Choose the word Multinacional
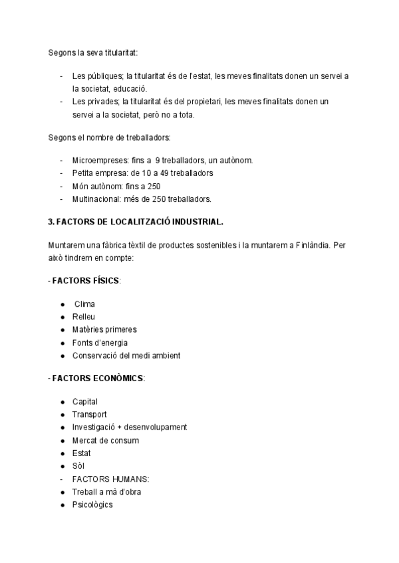(x=98, y=199)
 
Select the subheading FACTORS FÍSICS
(x=84, y=281)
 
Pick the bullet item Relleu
(x=84, y=317)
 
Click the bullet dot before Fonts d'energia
(x=62, y=343)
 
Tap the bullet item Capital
(x=85, y=402)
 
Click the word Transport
(x=90, y=414)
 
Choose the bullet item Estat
(x=82, y=453)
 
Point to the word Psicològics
(x=92, y=505)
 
